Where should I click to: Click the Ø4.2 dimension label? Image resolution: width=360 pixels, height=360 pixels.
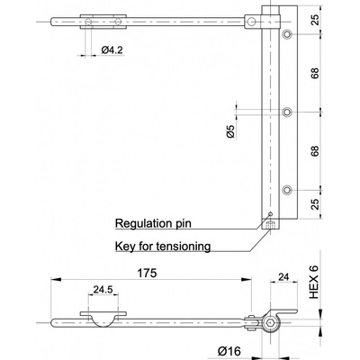[x=112, y=50]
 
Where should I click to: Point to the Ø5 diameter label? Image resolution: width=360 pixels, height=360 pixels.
[x=230, y=130]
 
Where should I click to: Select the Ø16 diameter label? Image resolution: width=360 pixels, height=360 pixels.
[x=229, y=351]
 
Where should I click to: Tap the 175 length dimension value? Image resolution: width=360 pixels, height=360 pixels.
[x=147, y=273]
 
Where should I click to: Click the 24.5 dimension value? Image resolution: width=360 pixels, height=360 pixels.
[x=103, y=290]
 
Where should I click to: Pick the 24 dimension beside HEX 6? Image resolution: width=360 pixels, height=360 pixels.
[x=283, y=276]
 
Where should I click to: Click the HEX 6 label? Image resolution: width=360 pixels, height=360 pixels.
[x=314, y=283]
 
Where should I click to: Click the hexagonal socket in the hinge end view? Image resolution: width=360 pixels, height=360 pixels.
[x=270, y=322]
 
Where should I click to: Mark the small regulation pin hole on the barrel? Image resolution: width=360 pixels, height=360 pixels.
[x=270, y=214]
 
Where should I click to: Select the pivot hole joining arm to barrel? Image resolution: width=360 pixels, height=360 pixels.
[x=252, y=22]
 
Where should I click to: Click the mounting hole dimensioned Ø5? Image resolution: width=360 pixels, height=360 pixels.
[x=287, y=112]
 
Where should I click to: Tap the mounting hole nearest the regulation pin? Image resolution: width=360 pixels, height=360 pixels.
[x=287, y=190]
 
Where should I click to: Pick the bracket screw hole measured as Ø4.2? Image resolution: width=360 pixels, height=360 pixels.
[x=88, y=22]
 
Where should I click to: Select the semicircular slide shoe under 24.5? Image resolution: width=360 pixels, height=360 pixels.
[x=103, y=321]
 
